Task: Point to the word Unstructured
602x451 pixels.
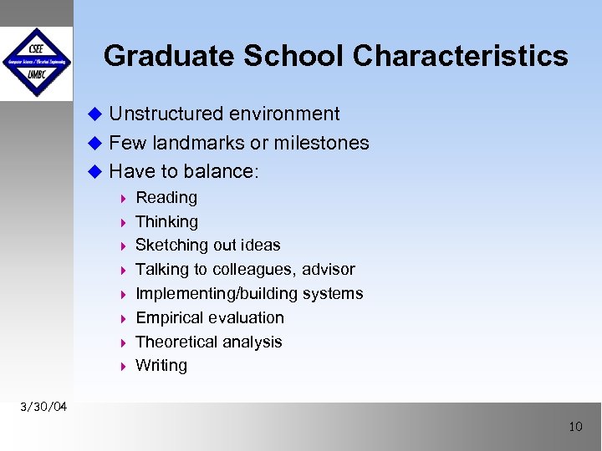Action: point(169,114)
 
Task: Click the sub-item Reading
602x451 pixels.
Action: point(166,198)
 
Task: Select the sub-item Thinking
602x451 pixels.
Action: point(166,221)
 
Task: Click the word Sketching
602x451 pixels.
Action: point(171,245)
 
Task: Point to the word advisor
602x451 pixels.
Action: point(329,269)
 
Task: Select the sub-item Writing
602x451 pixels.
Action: point(161,365)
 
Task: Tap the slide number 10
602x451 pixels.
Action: point(575,427)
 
